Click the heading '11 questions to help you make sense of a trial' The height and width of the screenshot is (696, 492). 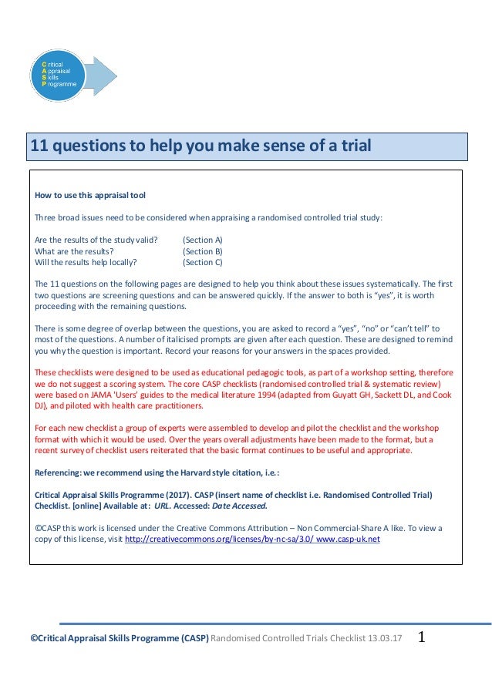click(200, 145)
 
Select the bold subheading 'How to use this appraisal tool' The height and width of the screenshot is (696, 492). click(90, 195)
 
